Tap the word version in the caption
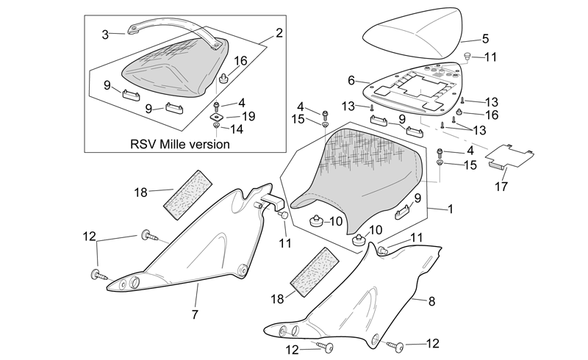[210, 144]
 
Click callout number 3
[105, 35]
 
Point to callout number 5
[485, 38]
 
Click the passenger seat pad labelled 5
[412, 33]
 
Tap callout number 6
[351, 80]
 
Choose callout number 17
[501, 186]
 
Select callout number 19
[248, 116]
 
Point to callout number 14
[237, 129]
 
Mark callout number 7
[195, 314]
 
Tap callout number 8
[431, 300]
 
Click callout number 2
[279, 33]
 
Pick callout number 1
[451, 209]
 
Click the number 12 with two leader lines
[89, 237]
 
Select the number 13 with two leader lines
[479, 130]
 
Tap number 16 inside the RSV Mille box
[241, 61]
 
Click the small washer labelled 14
[216, 125]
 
